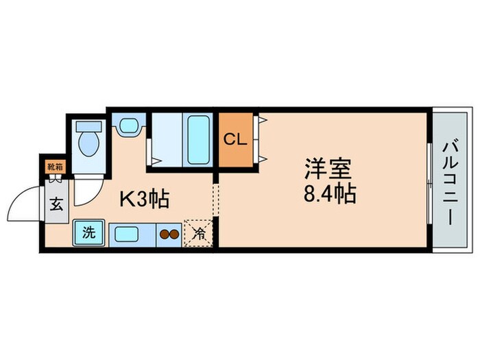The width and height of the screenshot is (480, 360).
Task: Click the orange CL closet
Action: point(235,139)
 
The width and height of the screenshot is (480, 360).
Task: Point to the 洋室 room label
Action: point(328,169)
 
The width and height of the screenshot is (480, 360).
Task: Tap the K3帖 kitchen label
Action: point(145,200)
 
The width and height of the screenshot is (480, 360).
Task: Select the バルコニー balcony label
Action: point(449,181)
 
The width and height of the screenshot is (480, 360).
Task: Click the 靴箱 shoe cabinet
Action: point(55,165)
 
